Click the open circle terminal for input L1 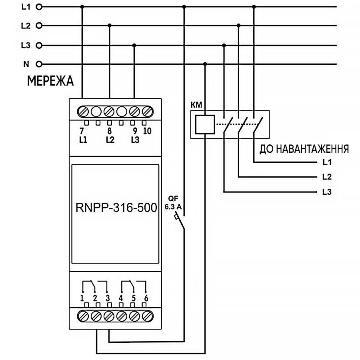pos(39,7)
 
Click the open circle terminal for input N pos(39,64)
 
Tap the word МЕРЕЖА pos(50,81)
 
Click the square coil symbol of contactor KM pos(205,124)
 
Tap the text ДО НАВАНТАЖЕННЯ pos(304,149)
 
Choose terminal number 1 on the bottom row pos(82,298)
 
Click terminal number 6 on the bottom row pos(146,298)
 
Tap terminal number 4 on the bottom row pos(121,298)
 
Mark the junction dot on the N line pos(205,64)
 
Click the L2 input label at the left pos(25,26)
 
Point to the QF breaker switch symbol pos(181,222)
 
